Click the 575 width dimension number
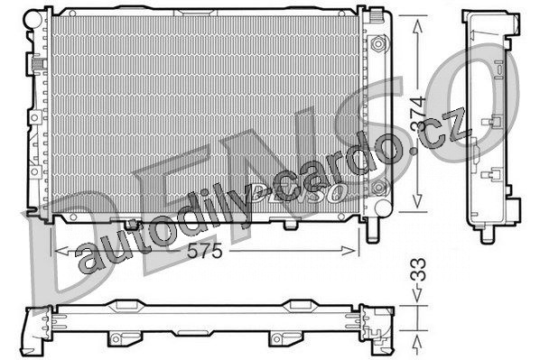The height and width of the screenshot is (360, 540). tap(204, 251)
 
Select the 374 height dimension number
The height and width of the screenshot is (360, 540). tap(418, 114)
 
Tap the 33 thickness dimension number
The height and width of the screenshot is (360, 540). tap(418, 269)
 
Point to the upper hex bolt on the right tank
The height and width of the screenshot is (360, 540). tap(378, 43)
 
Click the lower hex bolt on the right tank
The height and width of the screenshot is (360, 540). tap(378, 188)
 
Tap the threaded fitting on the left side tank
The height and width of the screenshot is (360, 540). tap(39, 64)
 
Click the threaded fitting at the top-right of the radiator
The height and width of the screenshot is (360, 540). tap(377, 16)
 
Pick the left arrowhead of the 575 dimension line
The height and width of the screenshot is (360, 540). tap(61, 251)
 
